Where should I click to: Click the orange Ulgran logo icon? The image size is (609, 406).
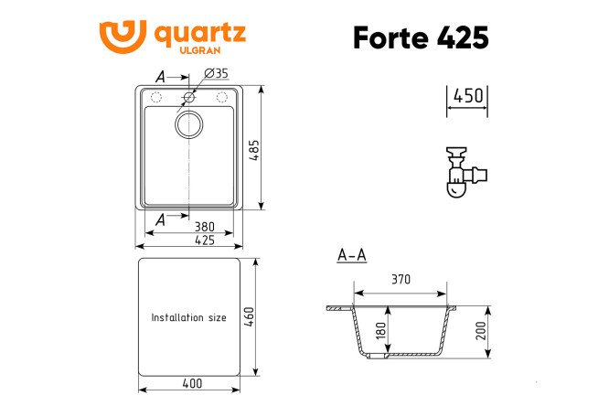(122, 37)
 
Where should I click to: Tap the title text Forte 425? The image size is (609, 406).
(420, 37)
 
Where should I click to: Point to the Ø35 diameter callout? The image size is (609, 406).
(214, 73)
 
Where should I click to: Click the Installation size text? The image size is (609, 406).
(188, 318)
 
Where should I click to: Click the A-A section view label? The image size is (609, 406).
(351, 255)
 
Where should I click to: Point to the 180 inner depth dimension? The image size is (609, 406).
(380, 330)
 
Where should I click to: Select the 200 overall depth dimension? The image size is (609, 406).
(480, 330)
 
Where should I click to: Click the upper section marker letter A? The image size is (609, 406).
(161, 77)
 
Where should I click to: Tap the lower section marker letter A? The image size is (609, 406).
(161, 219)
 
